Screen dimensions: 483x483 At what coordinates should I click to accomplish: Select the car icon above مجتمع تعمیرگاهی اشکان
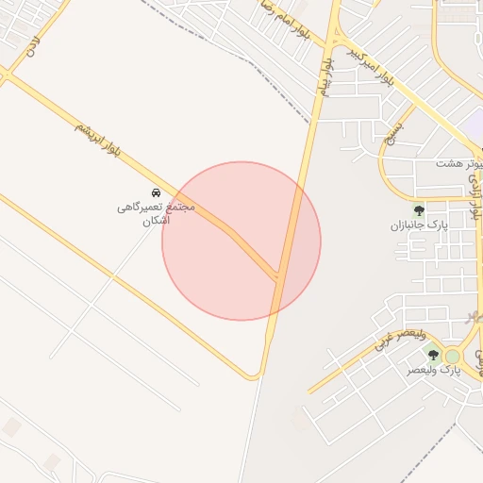tap(156, 192)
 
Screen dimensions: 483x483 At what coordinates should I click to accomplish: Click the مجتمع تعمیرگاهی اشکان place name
tap(156, 213)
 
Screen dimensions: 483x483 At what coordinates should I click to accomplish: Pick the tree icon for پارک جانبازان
tap(419, 210)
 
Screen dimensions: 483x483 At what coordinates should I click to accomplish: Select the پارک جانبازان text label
tap(416, 226)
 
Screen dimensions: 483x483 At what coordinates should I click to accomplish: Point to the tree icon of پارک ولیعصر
tap(433, 355)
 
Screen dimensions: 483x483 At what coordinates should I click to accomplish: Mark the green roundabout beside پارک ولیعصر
tap(453, 356)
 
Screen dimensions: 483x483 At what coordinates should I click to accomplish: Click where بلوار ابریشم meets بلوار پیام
tap(279, 275)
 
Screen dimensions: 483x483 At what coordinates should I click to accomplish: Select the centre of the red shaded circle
tap(241, 241)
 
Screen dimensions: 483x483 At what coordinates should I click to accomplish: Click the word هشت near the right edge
tap(447, 164)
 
